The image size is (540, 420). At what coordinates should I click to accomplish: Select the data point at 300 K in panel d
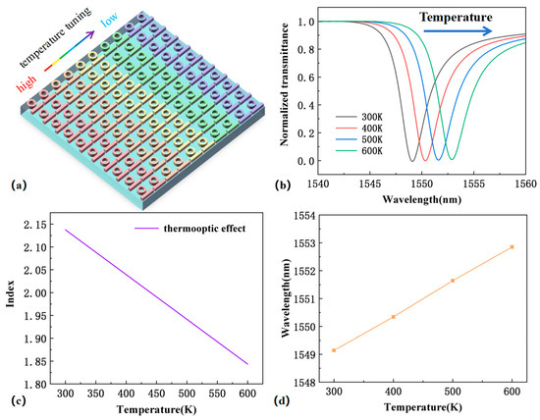(334, 350)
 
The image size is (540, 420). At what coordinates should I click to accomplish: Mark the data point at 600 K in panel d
(512, 246)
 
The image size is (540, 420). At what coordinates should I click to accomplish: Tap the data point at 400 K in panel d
(393, 316)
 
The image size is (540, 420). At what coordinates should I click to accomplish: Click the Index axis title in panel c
(14, 298)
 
